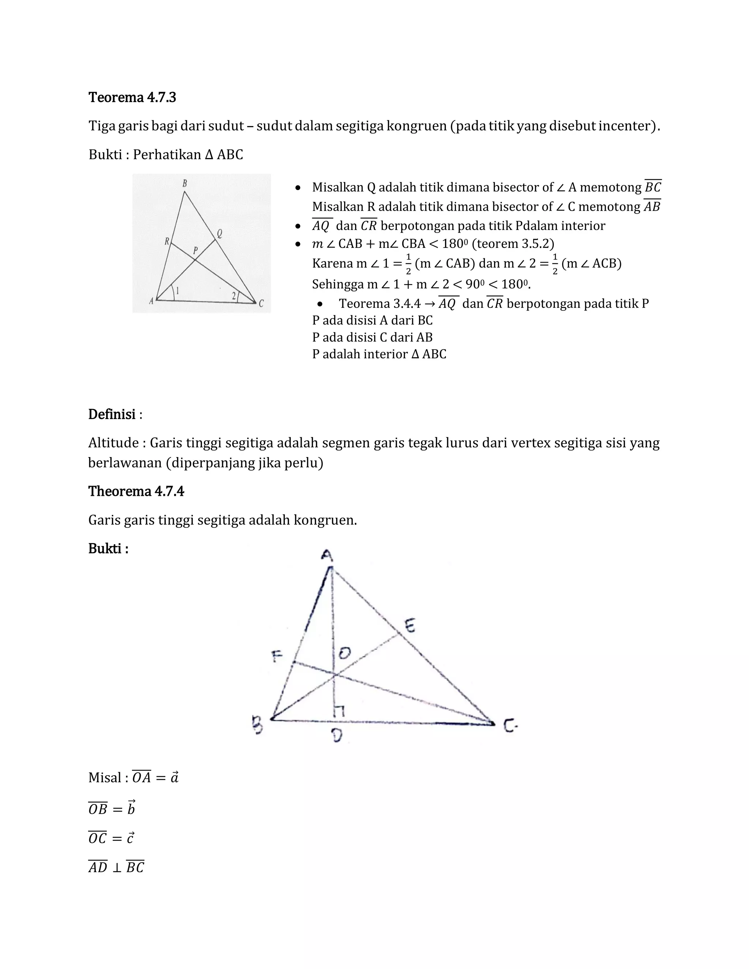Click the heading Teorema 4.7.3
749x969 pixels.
point(132,97)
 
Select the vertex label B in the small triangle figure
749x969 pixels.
point(185,183)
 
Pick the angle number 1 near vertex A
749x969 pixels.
point(178,291)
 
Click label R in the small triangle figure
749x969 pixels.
point(167,241)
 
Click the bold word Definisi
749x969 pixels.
point(112,414)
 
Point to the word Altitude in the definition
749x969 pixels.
point(114,442)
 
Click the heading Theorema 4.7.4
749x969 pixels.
point(136,491)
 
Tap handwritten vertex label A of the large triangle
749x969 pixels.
point(327,555)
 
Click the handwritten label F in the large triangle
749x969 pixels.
point(277,657)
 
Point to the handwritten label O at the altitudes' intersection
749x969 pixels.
point(345,653)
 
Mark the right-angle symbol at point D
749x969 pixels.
point(339,711)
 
